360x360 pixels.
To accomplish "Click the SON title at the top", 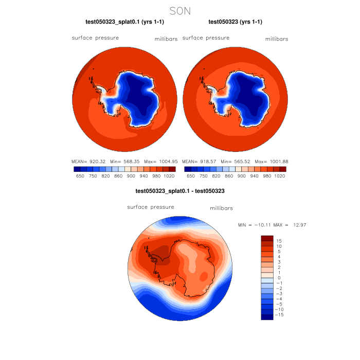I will [x=180, y=10].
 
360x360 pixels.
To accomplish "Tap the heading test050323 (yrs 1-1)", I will [x=235, y=22].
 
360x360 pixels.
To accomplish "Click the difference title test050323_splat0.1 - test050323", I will [x=179, y=191].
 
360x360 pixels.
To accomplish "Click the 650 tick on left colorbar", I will [x=80, y=175].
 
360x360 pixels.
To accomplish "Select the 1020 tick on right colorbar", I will [x=280, y=175].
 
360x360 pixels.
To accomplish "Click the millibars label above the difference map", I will [x=221, y=208].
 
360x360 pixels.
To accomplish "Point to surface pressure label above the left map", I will [x=95, y=38].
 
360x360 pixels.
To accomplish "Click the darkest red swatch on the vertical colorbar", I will [x=267, y=238].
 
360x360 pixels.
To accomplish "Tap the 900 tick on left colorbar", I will [x=131, y=175].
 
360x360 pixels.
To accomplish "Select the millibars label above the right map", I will [x=276, y=39].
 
